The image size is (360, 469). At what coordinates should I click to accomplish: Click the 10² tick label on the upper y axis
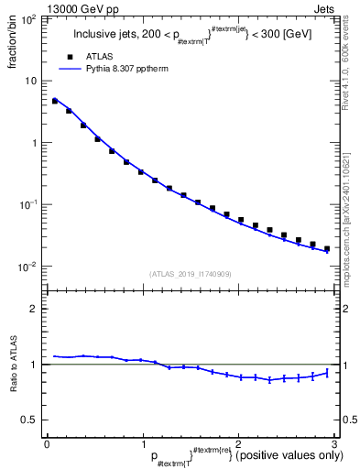coord(29,18)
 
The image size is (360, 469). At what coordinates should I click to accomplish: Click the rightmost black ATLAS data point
coord(327,248)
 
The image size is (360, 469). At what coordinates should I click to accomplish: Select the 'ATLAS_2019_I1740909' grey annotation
coord(191,274)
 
